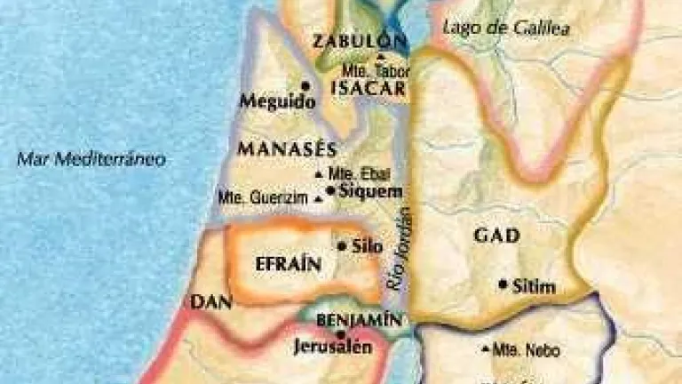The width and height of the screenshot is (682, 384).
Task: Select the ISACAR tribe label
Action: [367, 88]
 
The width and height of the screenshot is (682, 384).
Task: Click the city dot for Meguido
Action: [305, 86]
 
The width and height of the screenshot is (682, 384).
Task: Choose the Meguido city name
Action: [278, 102]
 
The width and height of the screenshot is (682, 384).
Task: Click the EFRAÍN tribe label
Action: [283, 264]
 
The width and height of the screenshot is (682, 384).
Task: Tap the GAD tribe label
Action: [496, 236]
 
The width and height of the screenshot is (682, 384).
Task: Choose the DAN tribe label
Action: [211, 303]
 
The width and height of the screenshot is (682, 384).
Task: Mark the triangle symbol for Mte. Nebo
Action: [485, 348]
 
